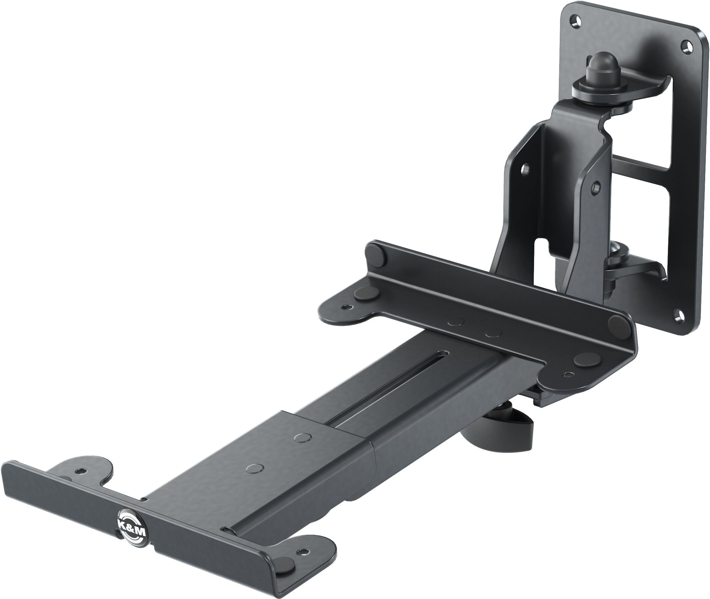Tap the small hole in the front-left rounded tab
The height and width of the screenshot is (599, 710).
click(x=80, y=471)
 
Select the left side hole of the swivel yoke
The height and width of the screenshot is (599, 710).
click(x=525, y=169)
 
